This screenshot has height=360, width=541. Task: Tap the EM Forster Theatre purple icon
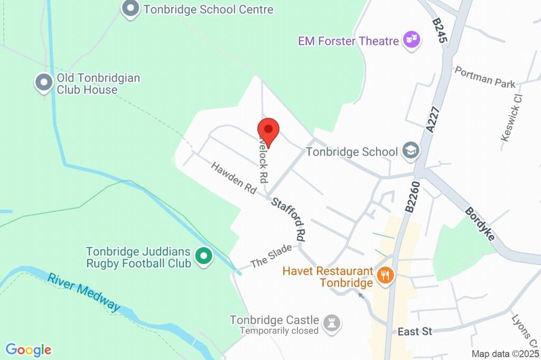click(412, 40)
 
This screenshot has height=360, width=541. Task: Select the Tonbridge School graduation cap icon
click(410, 151)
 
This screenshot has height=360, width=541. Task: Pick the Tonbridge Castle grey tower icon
click(332, 324)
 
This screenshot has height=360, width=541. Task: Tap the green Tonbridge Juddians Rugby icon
click(203, 257)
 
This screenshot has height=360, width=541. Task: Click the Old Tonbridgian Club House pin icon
click(44, 83)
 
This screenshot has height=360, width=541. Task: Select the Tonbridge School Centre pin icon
click(129, 9)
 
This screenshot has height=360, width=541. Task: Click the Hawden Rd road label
click(234, 177)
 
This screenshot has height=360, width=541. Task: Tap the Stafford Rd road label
click(288, 219)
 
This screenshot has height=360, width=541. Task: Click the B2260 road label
click(412, 197)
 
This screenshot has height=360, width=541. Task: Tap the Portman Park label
click(484, 77)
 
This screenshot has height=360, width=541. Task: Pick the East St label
click(415, 331)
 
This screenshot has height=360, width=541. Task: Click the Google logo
click(29, 349)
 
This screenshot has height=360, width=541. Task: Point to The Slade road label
click(271, 255)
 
